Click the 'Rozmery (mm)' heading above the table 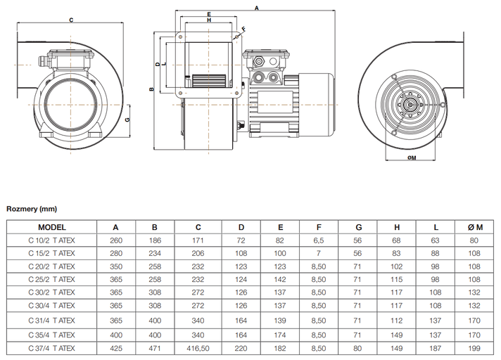coord(32,209)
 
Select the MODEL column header coord(52,227)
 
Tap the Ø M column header coord(475,227)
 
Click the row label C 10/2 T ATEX coord(52,240)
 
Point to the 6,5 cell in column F coord(319,240)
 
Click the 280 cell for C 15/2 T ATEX coord(116,253)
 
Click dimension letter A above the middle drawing coord(257,8)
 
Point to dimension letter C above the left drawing coord(71,20)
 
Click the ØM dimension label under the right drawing coord(412,158)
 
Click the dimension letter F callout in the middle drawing coord(243,29)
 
